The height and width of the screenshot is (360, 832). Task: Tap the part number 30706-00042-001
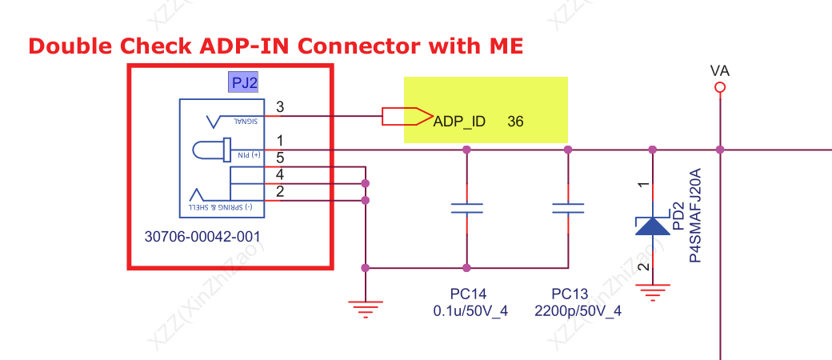click(x=202, y=238)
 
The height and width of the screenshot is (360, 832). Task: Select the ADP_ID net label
click(x=459, y=122)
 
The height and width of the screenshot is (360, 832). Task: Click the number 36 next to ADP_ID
click(x=515, y=122)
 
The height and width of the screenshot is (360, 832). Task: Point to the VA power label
click(x=720, y=71)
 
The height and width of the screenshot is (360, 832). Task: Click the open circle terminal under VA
click(x=720, y=87)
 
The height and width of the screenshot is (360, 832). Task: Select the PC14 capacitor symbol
click(x=466, y=209)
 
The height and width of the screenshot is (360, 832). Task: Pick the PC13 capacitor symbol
click(x=568, y=209)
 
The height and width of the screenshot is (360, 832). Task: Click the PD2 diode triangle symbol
click(x=653, y=226)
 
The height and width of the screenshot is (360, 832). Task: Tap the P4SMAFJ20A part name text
click(x=696, y=216)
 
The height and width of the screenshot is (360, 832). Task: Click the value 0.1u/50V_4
click(x=469, y=311)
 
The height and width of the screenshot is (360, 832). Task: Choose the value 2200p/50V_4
click(x=578, y=311)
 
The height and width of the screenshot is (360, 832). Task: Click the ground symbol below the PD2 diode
click(x=653, y=292)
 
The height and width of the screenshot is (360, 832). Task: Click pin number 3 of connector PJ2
click(x=279, y=107)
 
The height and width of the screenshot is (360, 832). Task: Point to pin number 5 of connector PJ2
click(x=280, y=158)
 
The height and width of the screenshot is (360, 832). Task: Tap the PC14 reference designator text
click(x=469, y=294)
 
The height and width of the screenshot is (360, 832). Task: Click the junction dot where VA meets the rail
click(x=720, y=150)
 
